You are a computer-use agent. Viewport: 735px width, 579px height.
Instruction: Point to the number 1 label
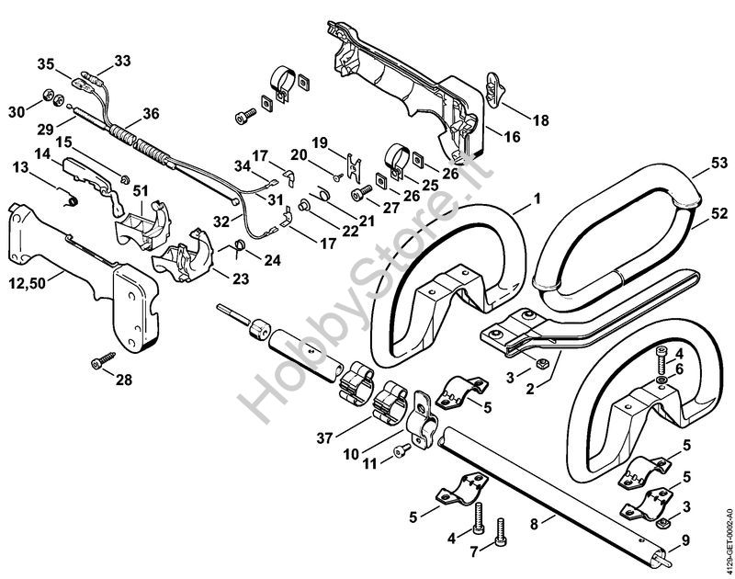(x=537, y=196)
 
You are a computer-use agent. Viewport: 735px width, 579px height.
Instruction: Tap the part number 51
(x=141, y=189)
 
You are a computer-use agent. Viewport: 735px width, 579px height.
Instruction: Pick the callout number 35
(x=46, y=63)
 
